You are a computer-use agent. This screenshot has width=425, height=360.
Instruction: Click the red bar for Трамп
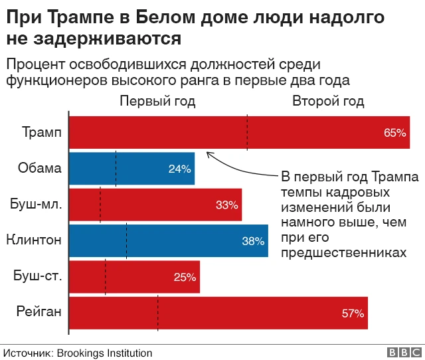(x=239, y=132)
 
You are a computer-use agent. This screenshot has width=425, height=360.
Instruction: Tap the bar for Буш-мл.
(x=155, y=205)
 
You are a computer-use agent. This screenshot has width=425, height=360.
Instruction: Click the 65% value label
(x=394, y=133)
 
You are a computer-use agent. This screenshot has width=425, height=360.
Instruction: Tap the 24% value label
(x=179, y=169)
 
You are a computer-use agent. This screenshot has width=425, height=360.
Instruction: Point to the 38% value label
(x=253, y=241)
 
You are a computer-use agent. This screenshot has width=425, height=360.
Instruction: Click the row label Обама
(x=40, y=168)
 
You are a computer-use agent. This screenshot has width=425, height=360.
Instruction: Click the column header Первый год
(x=157, y=101)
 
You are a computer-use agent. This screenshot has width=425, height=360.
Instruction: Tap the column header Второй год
(x=328, y=101)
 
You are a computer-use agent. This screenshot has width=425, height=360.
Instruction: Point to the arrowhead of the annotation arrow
(x=209, y=154)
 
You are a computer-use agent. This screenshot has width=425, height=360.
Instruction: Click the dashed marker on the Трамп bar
(x=247, y=132)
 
